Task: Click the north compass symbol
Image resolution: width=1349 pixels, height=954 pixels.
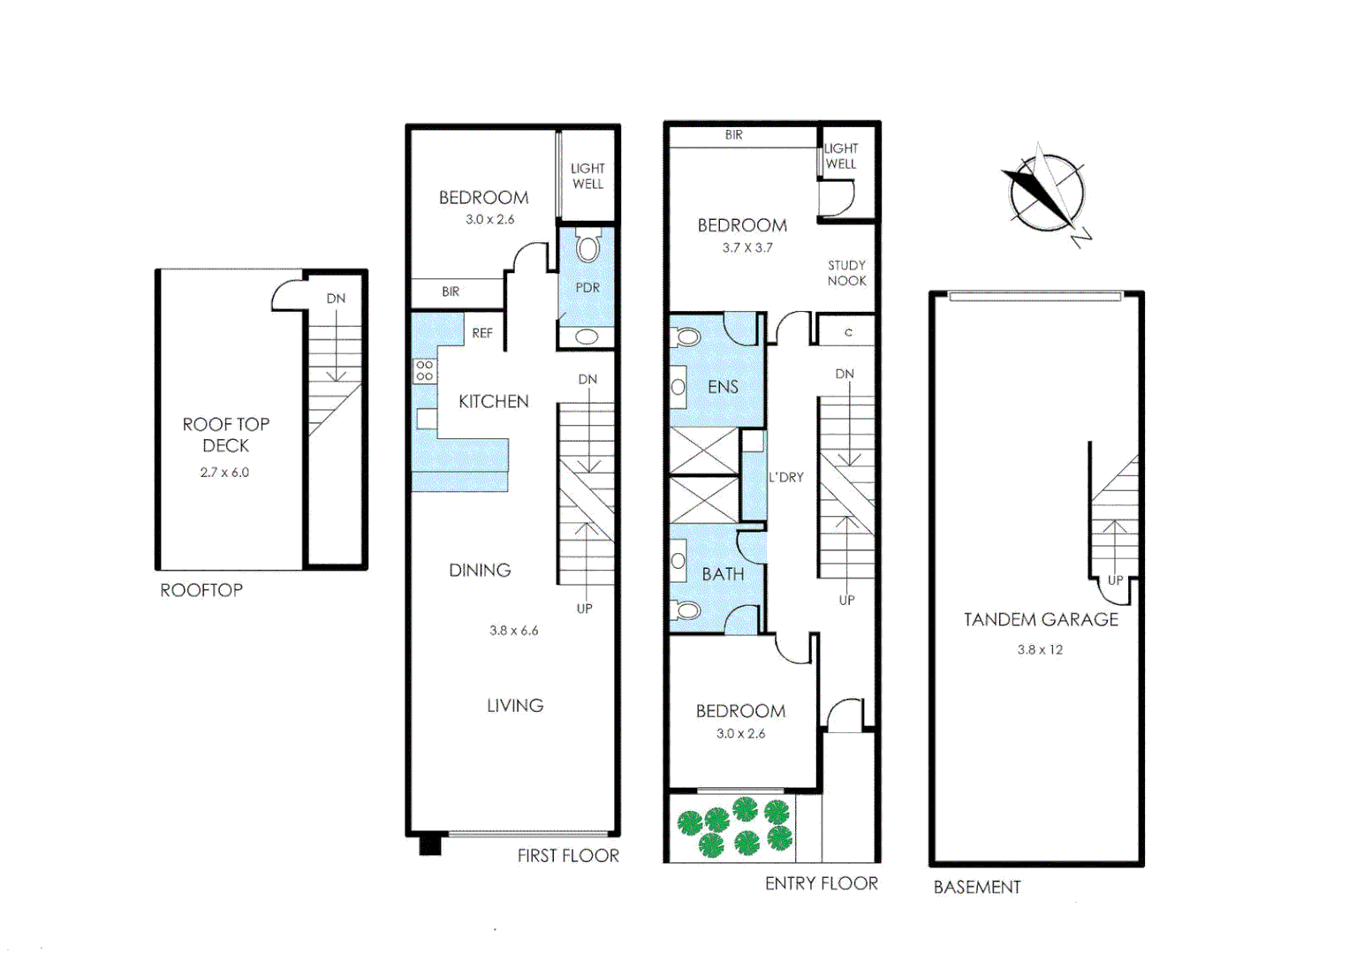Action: pos(1045,193)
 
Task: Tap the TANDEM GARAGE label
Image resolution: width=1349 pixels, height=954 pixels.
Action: pos(1041,620)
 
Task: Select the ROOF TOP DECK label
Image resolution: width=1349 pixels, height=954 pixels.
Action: pos(226,435)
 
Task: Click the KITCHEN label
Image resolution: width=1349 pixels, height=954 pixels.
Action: pos(493,402)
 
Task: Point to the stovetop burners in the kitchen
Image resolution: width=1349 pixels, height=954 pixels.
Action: pos(425,370)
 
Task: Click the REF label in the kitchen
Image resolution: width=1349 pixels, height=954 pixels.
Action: pos(482,333)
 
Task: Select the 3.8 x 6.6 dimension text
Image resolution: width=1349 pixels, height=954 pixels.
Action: pos(513,631)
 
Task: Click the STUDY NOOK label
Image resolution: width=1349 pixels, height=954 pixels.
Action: pos(846,273)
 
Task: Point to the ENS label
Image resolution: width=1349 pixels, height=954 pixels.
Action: pos(723,387)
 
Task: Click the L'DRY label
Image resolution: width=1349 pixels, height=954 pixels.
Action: pos(786,477)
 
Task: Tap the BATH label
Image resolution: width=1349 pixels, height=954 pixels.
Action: pos(723,574)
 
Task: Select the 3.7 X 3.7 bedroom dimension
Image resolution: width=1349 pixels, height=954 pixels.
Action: pos(747,248)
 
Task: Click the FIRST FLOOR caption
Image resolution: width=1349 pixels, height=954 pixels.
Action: pos(568,856)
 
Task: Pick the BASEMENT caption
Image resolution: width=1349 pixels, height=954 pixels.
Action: pos(977,888)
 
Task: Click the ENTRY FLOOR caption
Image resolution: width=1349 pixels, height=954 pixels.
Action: pos(822,884)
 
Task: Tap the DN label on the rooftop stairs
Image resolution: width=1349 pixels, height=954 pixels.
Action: pos(336,299)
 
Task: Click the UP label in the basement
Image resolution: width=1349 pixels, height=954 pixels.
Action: pos(1115,580)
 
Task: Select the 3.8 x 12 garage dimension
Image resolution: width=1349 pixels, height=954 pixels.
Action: pos(1040,650)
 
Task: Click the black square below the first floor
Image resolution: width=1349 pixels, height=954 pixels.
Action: pos(430,845)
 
